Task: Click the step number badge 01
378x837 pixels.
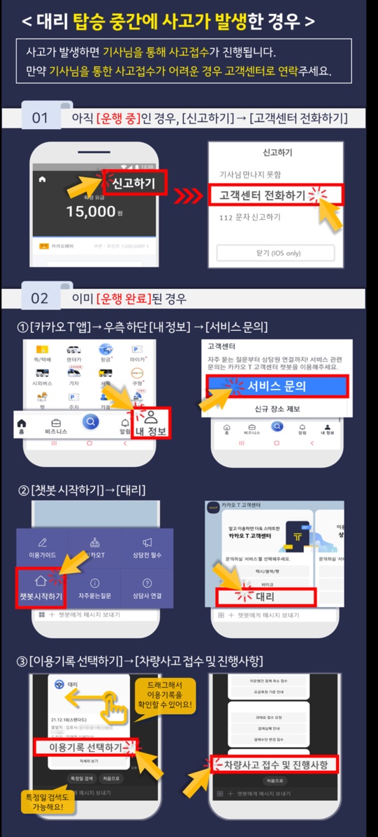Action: click(x=40, y=118)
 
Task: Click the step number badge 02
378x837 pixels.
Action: click(x=40, y=298)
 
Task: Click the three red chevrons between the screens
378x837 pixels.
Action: click(x=188, y=195)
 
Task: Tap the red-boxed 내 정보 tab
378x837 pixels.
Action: click(x=150, y=424)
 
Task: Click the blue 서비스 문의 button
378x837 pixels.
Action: click(x=276, y=386)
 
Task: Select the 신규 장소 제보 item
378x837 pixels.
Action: click(x=276, y=408)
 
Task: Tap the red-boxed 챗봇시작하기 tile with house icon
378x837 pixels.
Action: click(x=41, y=587)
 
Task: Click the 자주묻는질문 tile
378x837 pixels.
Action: click(x=94, y=588)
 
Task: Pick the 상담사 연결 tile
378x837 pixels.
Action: click(x=147, y=588)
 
